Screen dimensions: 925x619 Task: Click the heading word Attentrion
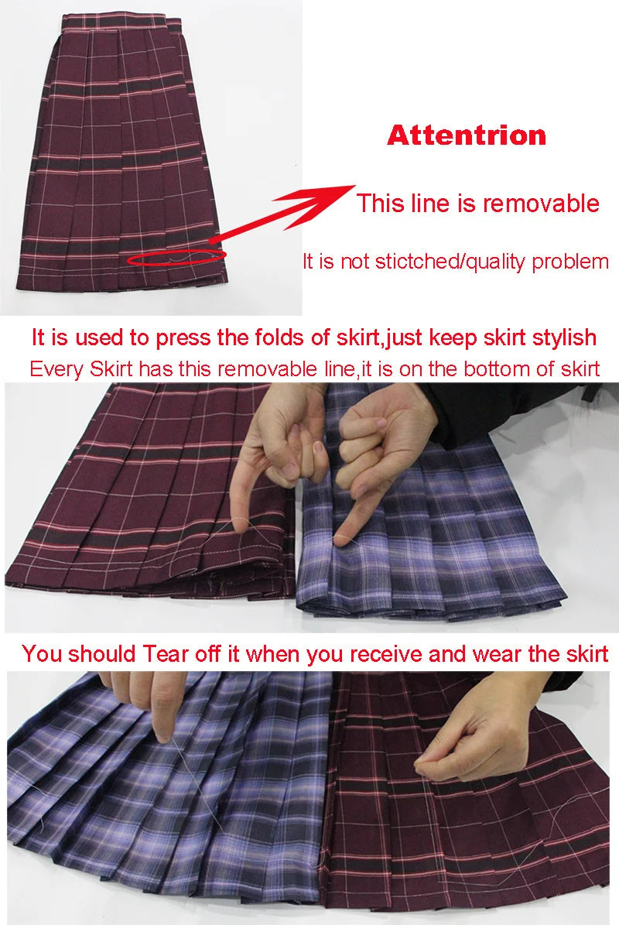[467, 135]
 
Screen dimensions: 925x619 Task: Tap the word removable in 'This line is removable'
[541, 204]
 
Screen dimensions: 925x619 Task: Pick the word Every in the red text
[53, 368]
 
